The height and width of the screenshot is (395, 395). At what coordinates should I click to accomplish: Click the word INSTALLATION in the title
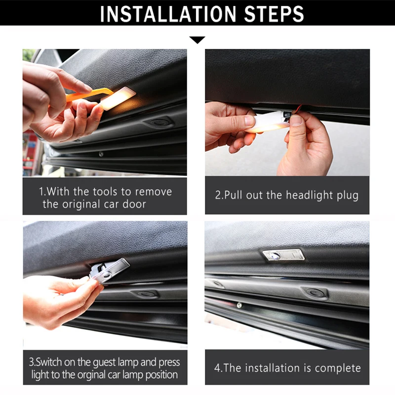pos(168,14)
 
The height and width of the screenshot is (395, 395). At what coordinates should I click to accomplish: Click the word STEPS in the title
pos(274,14)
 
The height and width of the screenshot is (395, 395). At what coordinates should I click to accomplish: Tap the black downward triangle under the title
pos(197,40)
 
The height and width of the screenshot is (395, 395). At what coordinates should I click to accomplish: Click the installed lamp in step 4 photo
pos(283,255)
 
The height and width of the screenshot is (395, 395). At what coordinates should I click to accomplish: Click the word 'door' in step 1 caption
pos(134,204)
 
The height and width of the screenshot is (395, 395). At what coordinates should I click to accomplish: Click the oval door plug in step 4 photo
pos(315,293)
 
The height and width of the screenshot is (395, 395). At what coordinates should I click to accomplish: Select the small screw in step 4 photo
pos(239,305)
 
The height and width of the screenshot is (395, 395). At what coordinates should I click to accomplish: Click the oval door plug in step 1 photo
pos(158,122)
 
